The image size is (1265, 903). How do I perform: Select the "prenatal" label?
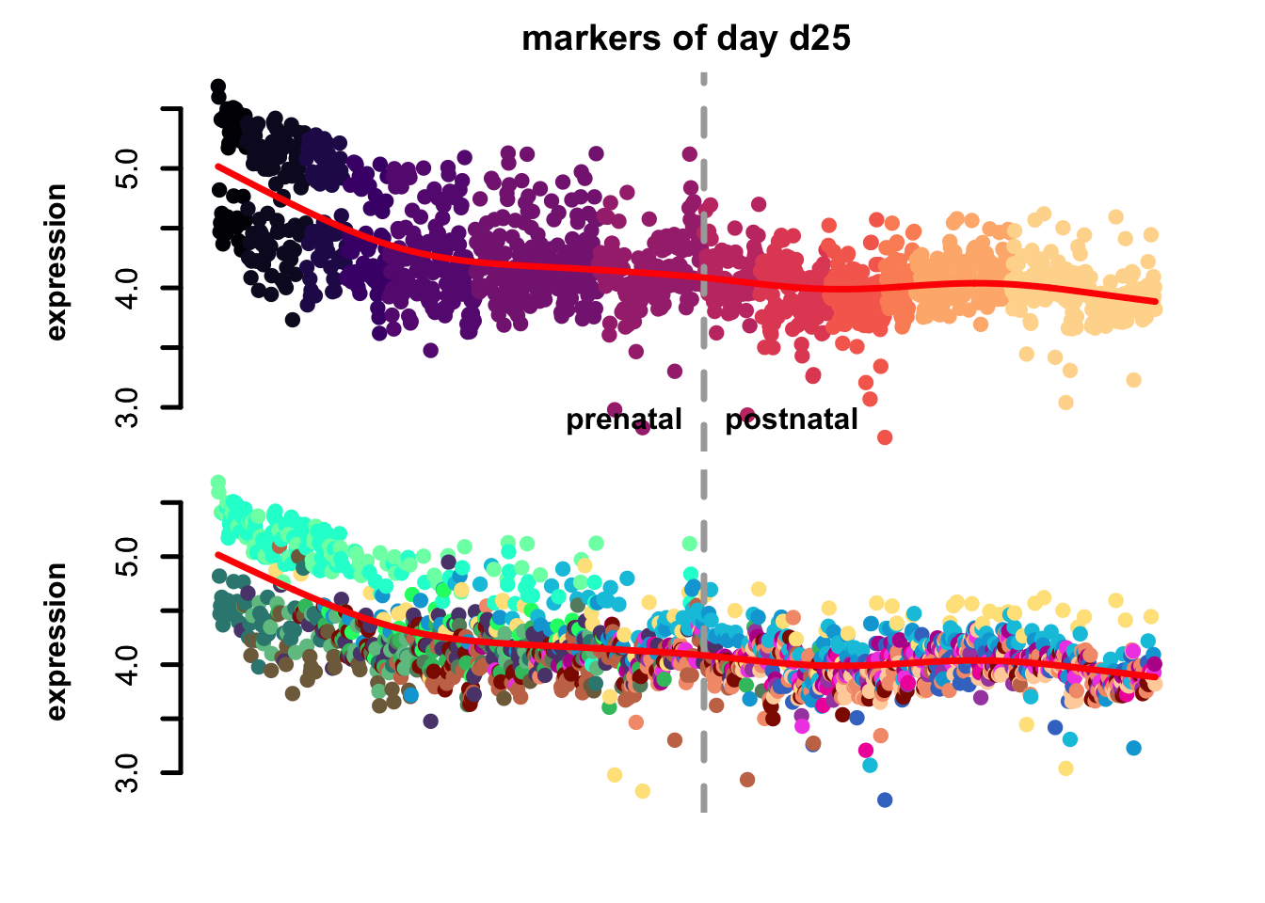(623, 420)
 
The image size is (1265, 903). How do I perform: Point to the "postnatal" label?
(791, 420)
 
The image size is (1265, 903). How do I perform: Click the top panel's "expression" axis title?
(56, 261)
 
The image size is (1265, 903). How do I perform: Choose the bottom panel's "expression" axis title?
(56, 642)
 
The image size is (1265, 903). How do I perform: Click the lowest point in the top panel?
(885, 437)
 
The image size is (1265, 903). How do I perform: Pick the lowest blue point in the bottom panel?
(885, 800)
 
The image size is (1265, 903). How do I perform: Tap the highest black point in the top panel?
(217, 87)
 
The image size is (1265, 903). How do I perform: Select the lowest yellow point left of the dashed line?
(642, 791)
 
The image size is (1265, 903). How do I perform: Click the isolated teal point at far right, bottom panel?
(1133, 748)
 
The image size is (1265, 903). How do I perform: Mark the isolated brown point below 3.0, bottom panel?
(747, 779)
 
